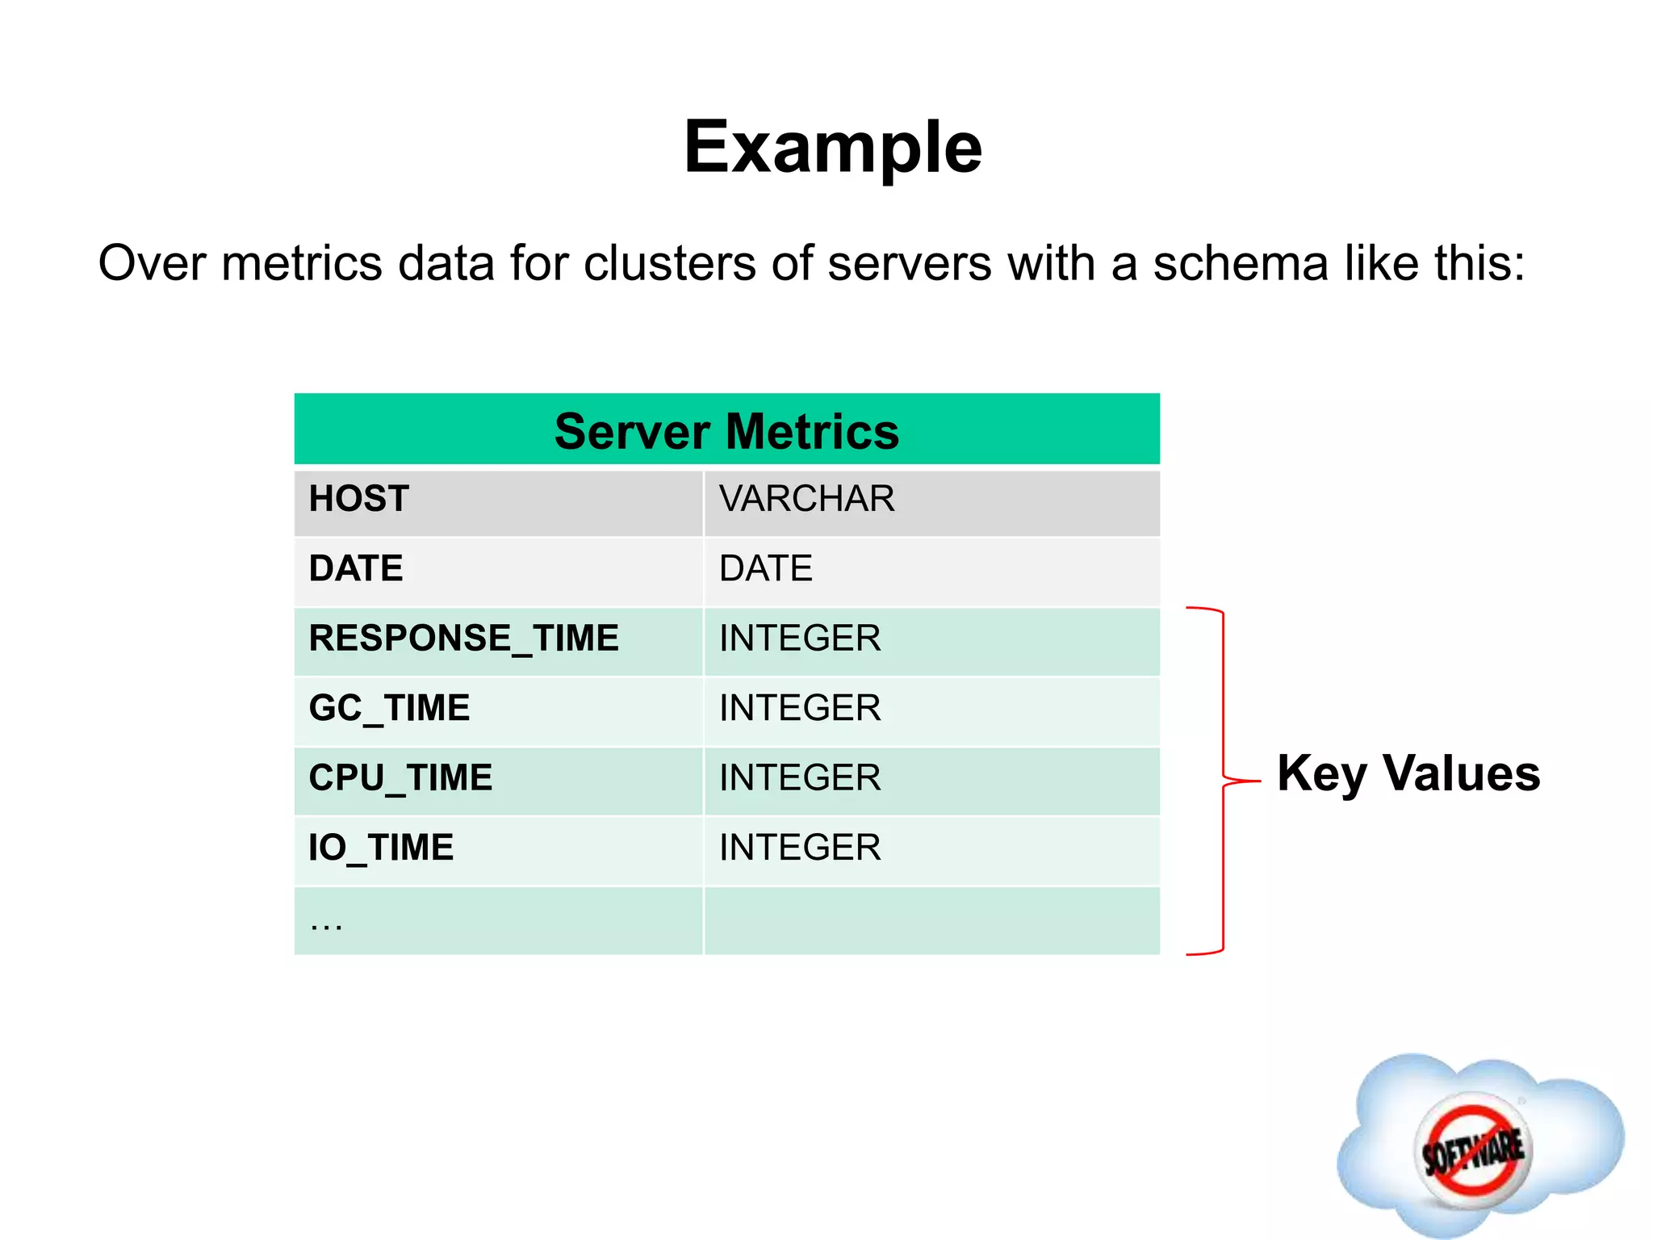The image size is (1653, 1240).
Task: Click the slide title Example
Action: click(x=832, y=148)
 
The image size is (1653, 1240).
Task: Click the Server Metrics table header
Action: click(x=726, y=431)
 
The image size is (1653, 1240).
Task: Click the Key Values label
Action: click(x=1408, y=773)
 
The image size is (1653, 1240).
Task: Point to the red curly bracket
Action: click(x=1224, y=781)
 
